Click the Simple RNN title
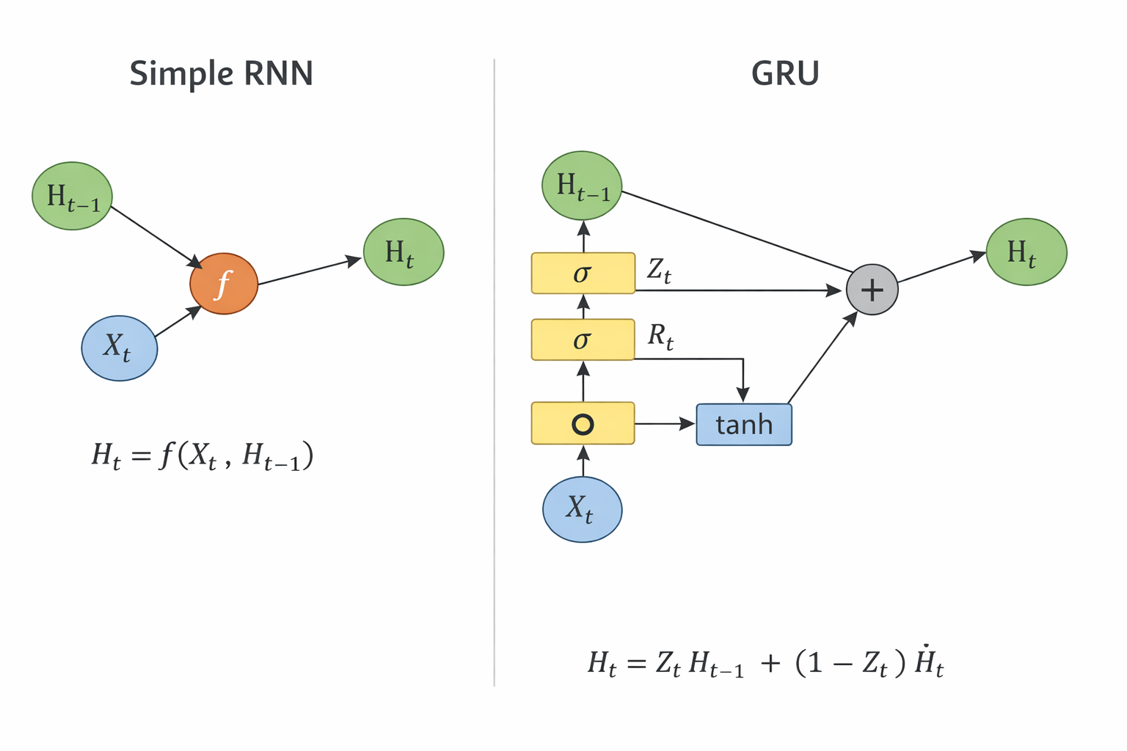[x=221, y=73]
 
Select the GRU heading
[x=784, y=73]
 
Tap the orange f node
[x=224, y=284]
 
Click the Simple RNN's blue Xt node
[x=119, y=348]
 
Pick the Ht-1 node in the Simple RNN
[x=72, y=196]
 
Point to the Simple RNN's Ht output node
[x=404, y=252]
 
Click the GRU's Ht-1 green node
[x=582, y=186]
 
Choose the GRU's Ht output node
[x=1026, y=252]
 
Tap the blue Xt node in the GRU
[x=582, y=509]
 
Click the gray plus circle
[x=872, y=290]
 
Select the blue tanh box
[x=743, y=424]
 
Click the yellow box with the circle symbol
[x=583, y=423]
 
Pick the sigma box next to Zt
[x=583, y=273]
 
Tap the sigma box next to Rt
[x=583, y=340]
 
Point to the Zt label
[x=659, y=271]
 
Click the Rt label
[x=660, y=337]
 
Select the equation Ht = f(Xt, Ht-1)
[x=203, y=456]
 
